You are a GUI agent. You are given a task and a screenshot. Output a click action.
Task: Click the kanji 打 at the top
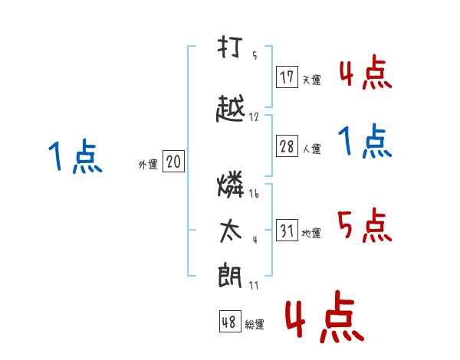[x=230, y=47]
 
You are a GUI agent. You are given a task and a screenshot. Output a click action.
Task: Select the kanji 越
[x=230, y=108]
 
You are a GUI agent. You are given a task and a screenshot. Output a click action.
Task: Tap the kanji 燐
[x=231, y=184]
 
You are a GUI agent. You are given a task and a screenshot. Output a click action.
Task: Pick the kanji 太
[x=231, y=231]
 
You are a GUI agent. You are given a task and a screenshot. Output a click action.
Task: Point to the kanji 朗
[x=230, y=276]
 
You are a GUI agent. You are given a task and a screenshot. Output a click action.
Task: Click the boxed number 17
[x=287, y=77]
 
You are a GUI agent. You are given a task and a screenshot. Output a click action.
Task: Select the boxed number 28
[x=287, y=146]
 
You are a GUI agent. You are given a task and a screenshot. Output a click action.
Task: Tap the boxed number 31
[x=287, y=230]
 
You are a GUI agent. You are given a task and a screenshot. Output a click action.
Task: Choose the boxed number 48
[x=230, y=321]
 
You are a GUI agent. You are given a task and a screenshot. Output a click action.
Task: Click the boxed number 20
[x=174, y=162]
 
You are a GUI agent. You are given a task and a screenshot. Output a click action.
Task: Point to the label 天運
[x=311, y=80]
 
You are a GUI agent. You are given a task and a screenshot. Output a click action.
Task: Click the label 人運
[x=311, y=149]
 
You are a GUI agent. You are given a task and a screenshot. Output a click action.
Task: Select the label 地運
[x=311, y=233]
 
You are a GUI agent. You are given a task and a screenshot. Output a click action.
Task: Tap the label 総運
[x=255, y=324]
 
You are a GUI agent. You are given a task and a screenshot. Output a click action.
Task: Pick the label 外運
[x=148, y=165]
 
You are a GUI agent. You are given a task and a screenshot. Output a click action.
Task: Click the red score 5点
[x=365, y=225]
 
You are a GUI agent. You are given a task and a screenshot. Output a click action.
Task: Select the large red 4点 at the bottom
[x=325, y=316]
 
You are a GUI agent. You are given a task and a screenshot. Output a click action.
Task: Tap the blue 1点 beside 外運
[x=75, y=155]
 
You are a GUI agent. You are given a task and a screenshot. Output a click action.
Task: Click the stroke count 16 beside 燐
[x=254, y=194]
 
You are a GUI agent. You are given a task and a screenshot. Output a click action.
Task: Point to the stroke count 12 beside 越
[x=254, y=117]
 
